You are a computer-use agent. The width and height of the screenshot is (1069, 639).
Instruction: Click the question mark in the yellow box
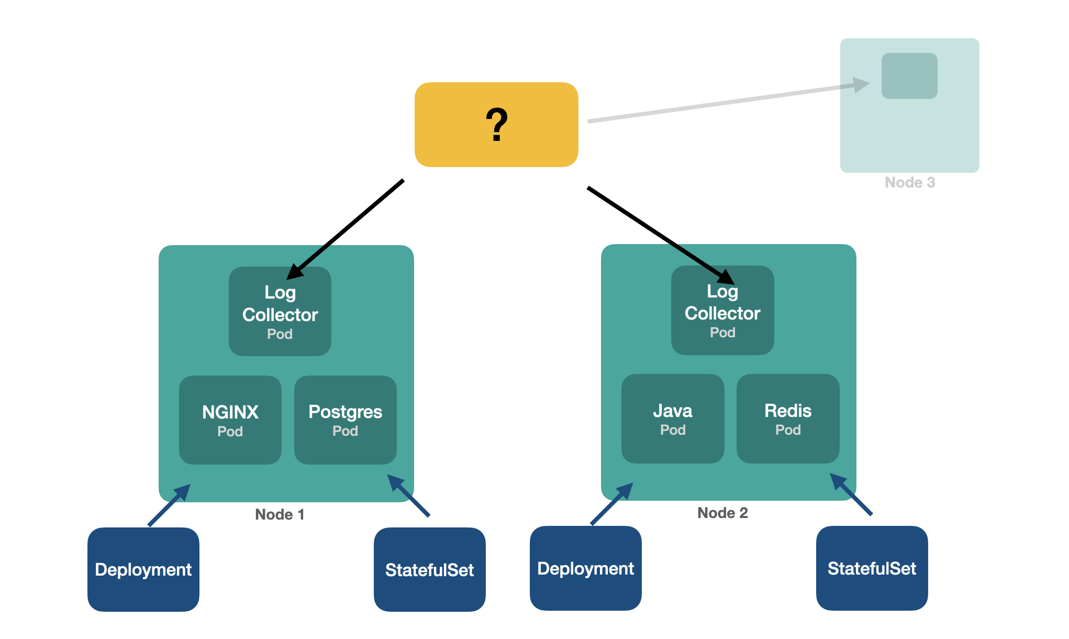tap(496, 125)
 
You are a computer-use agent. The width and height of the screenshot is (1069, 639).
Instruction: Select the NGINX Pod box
tap(230, 420)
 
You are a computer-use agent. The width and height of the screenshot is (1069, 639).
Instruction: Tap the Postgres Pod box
tap(346, 420)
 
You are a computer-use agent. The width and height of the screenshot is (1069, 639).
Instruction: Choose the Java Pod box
tap(673, 418)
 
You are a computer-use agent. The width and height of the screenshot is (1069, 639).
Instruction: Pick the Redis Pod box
tap(788, 418)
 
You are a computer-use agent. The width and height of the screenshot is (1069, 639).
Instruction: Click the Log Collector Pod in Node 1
tap(280, 312)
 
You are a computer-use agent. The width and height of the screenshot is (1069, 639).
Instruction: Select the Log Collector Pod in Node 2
tap(722, 311)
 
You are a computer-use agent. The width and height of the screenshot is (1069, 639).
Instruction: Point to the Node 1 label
tap(280, 514)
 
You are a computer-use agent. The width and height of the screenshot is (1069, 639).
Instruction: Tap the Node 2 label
tap(722, 513)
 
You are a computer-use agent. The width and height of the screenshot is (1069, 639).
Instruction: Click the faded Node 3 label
tap(910, 182)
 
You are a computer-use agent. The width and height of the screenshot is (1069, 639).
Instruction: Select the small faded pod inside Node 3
tap(909, 76)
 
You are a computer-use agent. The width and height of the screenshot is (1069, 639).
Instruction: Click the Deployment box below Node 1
tap(143, 569)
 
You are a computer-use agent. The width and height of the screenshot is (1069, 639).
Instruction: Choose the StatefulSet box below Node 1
tap(430, 569)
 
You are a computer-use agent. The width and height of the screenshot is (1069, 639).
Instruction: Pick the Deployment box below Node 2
tap(586, 568)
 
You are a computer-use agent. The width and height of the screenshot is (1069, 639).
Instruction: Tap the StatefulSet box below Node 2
tap(872, 568)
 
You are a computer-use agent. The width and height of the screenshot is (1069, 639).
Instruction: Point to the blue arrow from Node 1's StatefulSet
tap(409, 495)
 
